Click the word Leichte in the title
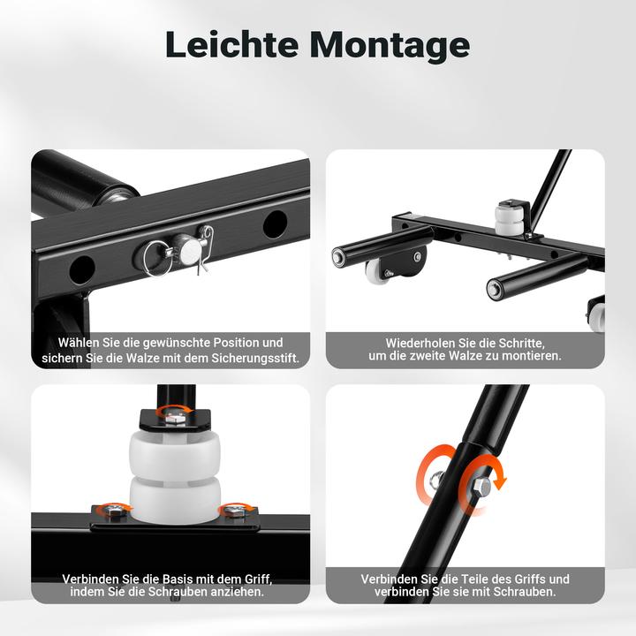pos(231,44)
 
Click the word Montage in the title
pos(390,46)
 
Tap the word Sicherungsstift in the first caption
pos(255,359)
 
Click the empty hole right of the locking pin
pos(275,223)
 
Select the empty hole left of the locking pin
pos(82,269)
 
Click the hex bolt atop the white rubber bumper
pos(175,418)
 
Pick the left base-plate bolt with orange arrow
pos(116,511)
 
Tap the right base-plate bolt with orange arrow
pos(235,511)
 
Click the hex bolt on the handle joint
pos(481,486)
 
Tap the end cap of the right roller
pos(495,290)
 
